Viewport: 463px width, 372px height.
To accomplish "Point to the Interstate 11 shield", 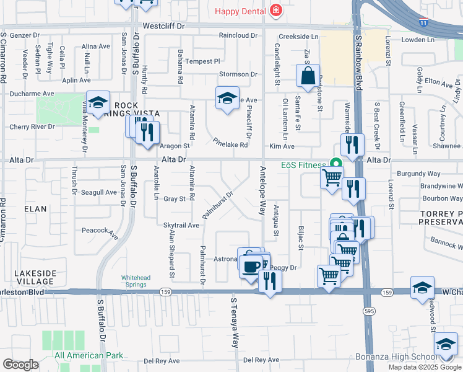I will pyautogui.click(x=423, y=22).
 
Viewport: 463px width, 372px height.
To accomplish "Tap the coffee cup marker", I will pyautogui.click(x=251, y=267).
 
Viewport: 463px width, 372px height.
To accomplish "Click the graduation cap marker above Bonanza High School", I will pyautogui.click(x=446, y=345).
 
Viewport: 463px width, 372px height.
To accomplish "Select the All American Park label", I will pyautogui.click(x=89, y=355).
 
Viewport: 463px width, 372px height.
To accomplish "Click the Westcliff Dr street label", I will pyautogui.click(x=164, y=27).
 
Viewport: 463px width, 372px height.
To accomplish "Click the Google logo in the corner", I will pyautogui.click(x=20, y=365).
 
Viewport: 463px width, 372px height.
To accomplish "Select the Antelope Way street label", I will pyautogui.click(x=263, y=192).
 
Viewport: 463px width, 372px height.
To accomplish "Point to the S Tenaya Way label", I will pyautogui.click(x=235, y=322).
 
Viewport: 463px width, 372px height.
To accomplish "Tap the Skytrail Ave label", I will pyautogui.click(x=181, y=225).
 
